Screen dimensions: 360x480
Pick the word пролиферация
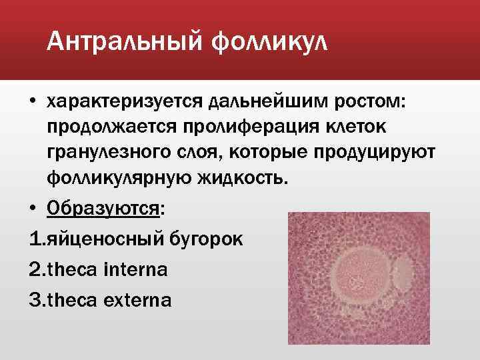coord(256,126)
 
